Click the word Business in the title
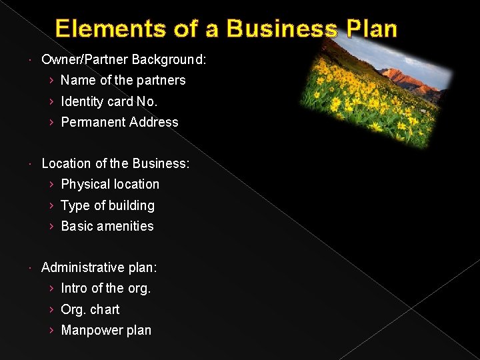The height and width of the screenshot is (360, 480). pyautogui.click(x=281, y=29)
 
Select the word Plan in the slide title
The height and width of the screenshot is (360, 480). pyautogui.click(x=370, y=29)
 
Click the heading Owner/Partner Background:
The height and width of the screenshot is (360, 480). pyautogui.click(x=124, y=59)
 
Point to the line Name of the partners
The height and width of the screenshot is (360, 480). pyautogui.click(x=123, y=80)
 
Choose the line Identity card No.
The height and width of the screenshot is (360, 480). pyautogui.click(x=109, y=101)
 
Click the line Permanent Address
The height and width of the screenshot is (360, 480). pyautogui.click(x=119, y=122)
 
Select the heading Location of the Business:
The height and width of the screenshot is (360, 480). pyautogui.click(x=115, y=163)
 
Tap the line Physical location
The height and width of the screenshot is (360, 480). pyautogui.click(x=110, y=184)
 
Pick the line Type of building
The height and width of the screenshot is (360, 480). pyautogui.click(x=107, y=205)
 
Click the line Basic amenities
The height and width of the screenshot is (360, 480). pyautogui.click(x=107, y=226)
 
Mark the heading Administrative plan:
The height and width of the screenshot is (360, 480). pyautogui.click(x=99, y=267)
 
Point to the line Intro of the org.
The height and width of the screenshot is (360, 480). pyautogui.click(x=106, y=288)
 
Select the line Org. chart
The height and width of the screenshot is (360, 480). pyautogui.click(x=90, y=309)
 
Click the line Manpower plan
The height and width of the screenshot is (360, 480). pyautogui.click(x=106, y=330)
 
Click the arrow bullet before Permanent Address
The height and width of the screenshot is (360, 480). pyautogui.click(x=52, y=122)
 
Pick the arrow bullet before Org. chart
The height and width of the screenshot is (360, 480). pyautogui.click(x=52, y=309)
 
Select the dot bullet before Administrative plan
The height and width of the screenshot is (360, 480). pyautogui.click(x=33, y=268)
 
